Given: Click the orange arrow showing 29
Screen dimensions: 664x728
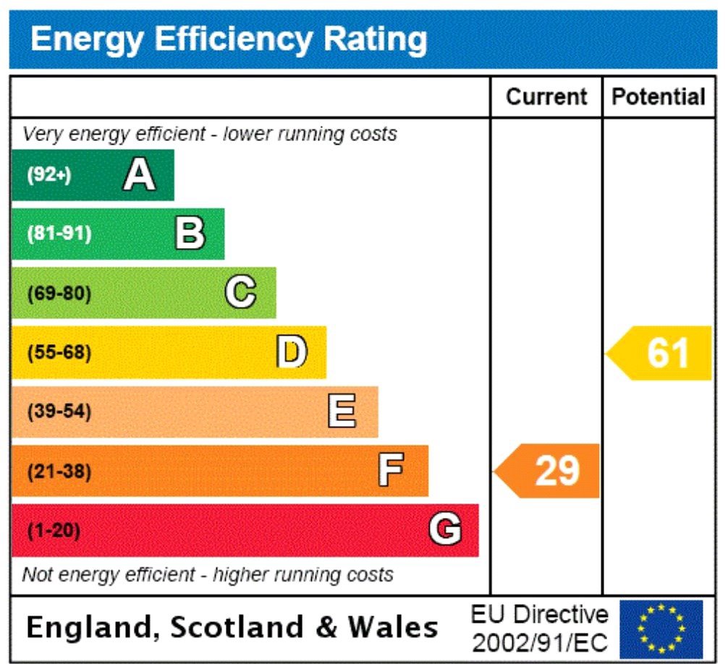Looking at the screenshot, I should click(x=549, y=471).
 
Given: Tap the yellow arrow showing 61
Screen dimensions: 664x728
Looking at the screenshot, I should click(x=660, y=353).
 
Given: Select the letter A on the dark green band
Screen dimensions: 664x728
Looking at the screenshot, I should click(x=139, y=175).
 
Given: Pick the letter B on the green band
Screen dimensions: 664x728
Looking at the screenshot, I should click(x=190, y=234).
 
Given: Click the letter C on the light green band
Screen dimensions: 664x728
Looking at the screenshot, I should click(x=240, y=293).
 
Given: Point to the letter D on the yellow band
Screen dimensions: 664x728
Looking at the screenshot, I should click(x=292, y=353).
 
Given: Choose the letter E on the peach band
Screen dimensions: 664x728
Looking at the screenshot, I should click(x=342, y=412).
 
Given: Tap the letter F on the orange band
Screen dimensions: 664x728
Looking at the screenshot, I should click(x=391, y=472).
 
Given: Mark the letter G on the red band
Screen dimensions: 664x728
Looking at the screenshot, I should click(x=444, y=531).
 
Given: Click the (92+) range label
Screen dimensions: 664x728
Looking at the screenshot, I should click(x=49, y=176).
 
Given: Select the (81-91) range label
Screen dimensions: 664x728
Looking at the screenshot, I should click(x=59, y=234).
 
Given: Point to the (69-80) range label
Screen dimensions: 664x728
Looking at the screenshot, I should click(x=59, y=294).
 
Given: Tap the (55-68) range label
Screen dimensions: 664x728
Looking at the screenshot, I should click(x=59, y=353).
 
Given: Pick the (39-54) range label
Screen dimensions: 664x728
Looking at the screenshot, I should click(x=59, y=412).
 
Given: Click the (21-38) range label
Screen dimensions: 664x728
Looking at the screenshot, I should click(x=59, y=472).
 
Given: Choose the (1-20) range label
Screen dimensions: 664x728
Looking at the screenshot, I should click(x=54, y=531).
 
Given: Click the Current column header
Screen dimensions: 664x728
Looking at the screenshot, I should click(x=546, y=97).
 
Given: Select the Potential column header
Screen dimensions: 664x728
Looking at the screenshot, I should click(x=659, y=97).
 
